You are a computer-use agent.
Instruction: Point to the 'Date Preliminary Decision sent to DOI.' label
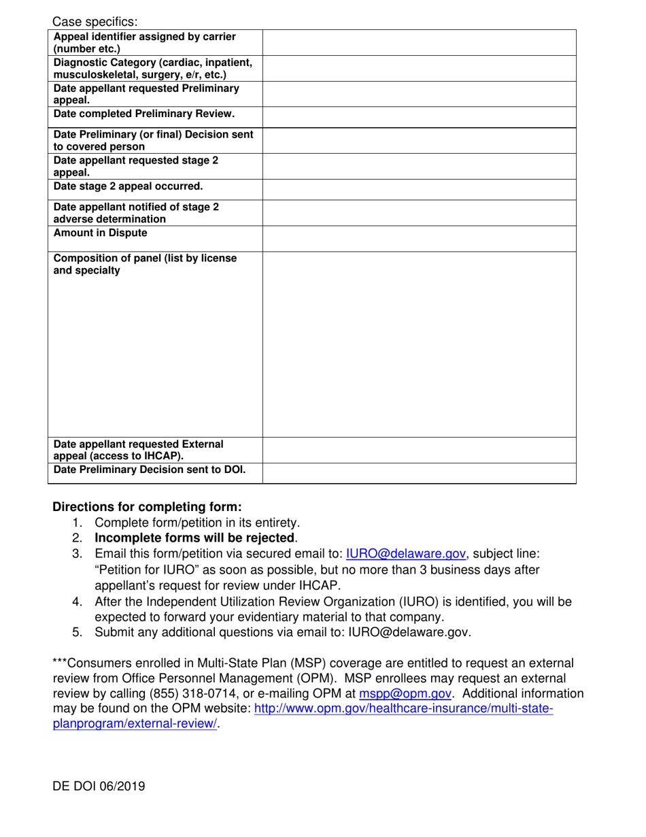(x=150, y=470)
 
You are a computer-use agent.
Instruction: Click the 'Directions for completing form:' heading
(x=147, y=507)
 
